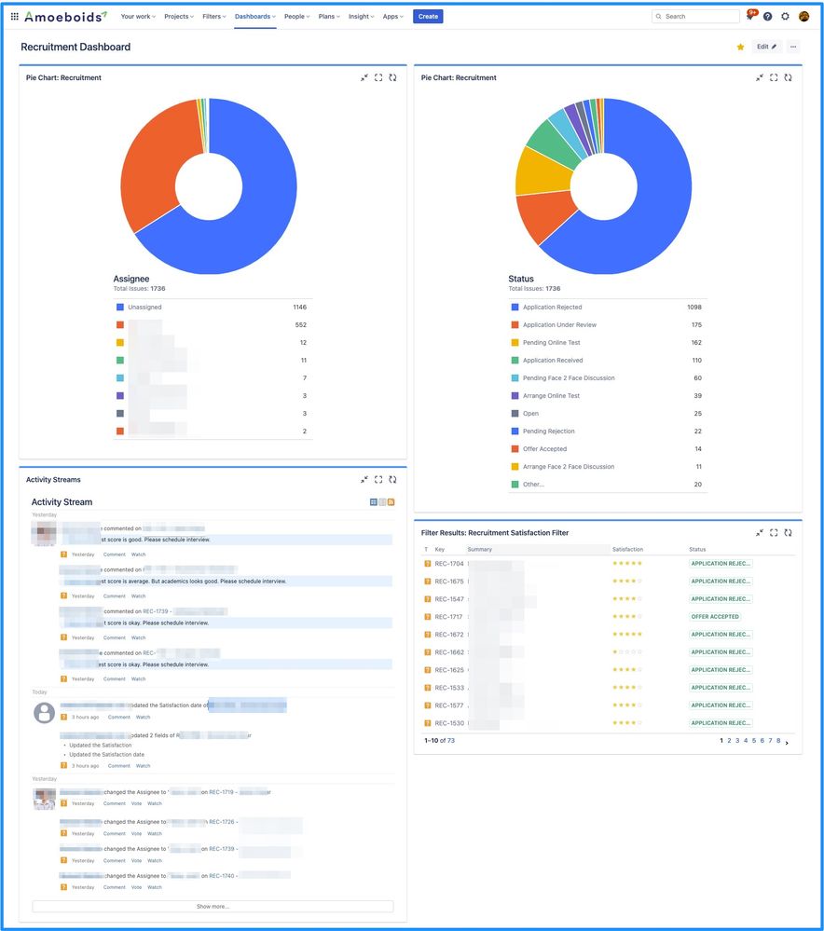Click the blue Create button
(428, 17)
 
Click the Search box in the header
(695, 17)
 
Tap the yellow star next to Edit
(741, 47)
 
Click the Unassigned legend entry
(144, 307)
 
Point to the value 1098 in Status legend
(694, 307)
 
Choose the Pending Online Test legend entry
(551, 342)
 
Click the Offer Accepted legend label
(544, 448)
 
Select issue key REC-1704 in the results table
(449, 563)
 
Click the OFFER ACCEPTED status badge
(716, 616)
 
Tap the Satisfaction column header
(627, 549)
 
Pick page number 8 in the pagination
(778, 741)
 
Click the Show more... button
(213, 906)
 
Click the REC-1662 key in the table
(449, 652)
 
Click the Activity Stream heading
(62, 502)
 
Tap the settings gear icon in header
(785, 17)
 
